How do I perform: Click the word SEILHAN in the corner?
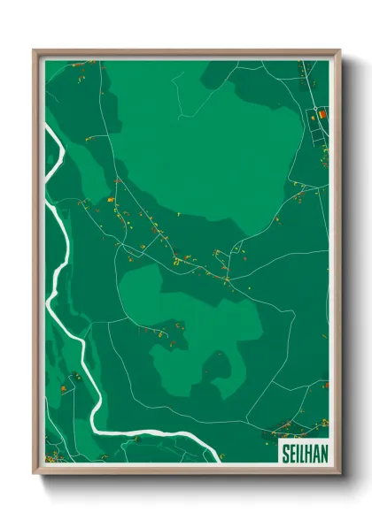[303, 453]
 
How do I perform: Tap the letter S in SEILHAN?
[285, 453]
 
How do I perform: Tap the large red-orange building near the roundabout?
[322, 114]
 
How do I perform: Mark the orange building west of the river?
[63, 388]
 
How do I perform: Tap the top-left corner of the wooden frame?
[35, 51]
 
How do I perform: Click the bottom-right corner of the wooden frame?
[338, 471]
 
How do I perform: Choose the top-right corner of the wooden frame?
[338, 51]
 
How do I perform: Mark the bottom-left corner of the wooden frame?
[35, 471]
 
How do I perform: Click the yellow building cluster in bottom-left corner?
[53, 456]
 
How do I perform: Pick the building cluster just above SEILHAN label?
[292, 430]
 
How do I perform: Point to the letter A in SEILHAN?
[315, 453]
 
